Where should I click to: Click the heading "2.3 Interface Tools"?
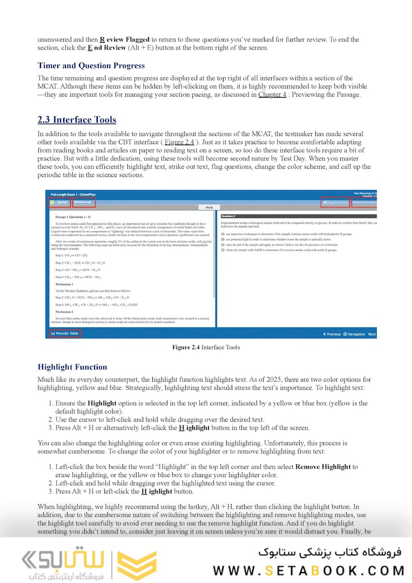point(77,120)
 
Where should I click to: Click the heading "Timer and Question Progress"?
point(91,66)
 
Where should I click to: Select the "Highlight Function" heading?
point(72,367)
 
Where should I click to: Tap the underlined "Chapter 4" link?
point(272,94)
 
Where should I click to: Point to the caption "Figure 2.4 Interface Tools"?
point(206,347)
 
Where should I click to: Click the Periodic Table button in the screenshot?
point(65,334)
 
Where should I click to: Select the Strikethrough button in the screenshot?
point(84,202)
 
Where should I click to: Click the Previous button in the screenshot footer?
point(332,334)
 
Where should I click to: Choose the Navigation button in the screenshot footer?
point(354,334)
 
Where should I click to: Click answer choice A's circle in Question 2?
point(224,234)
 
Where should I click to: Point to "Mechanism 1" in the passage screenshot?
point(64,283)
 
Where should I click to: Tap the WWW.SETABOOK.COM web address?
point(308,570)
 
